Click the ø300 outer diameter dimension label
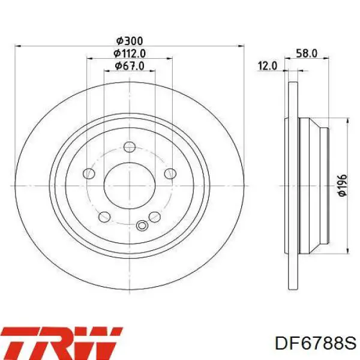[130, 41]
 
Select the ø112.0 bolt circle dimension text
[130, 54]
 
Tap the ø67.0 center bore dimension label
[130, 66]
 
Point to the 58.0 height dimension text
[307, 53]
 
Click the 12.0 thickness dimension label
[268, 66]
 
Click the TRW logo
[61, 343]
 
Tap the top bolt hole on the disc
[130, 147]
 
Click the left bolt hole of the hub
[89, 173]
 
